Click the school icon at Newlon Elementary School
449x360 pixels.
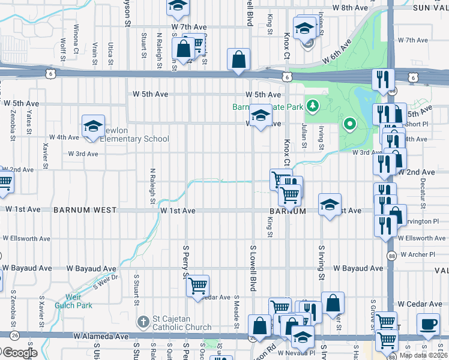coord(93,127)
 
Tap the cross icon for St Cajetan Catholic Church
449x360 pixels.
coord(142,322)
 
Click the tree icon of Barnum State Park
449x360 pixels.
coord(312,107)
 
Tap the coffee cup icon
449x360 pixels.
coord(429,325)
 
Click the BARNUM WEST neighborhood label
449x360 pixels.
coord(85,211)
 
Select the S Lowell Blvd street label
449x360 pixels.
coord(253,268)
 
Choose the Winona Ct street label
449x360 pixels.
coord(76,38)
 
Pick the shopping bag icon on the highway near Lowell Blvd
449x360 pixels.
coord(238,60)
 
